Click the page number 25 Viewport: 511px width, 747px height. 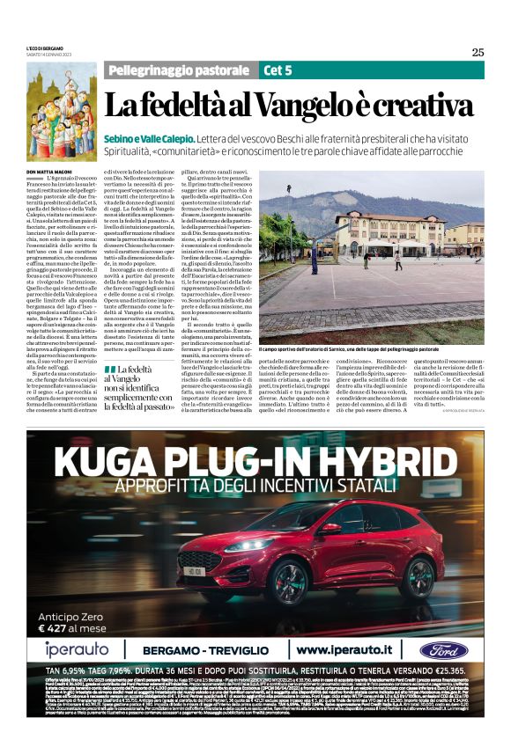tap(477, 52)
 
